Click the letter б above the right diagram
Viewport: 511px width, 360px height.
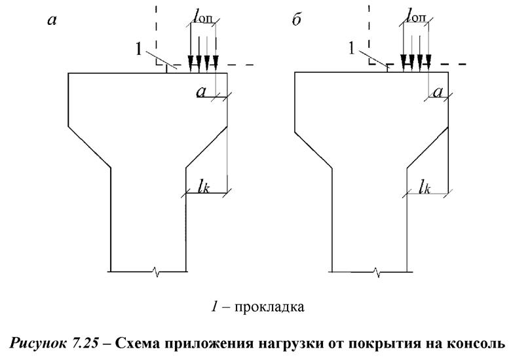[x=296, y=20]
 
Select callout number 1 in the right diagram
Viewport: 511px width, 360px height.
[x=353, y=47]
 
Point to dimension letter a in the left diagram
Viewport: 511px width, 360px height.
[x=202, y=93]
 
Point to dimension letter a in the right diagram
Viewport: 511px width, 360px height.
[x=437, y=93]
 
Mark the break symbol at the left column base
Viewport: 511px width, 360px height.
[x=155, y=270]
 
